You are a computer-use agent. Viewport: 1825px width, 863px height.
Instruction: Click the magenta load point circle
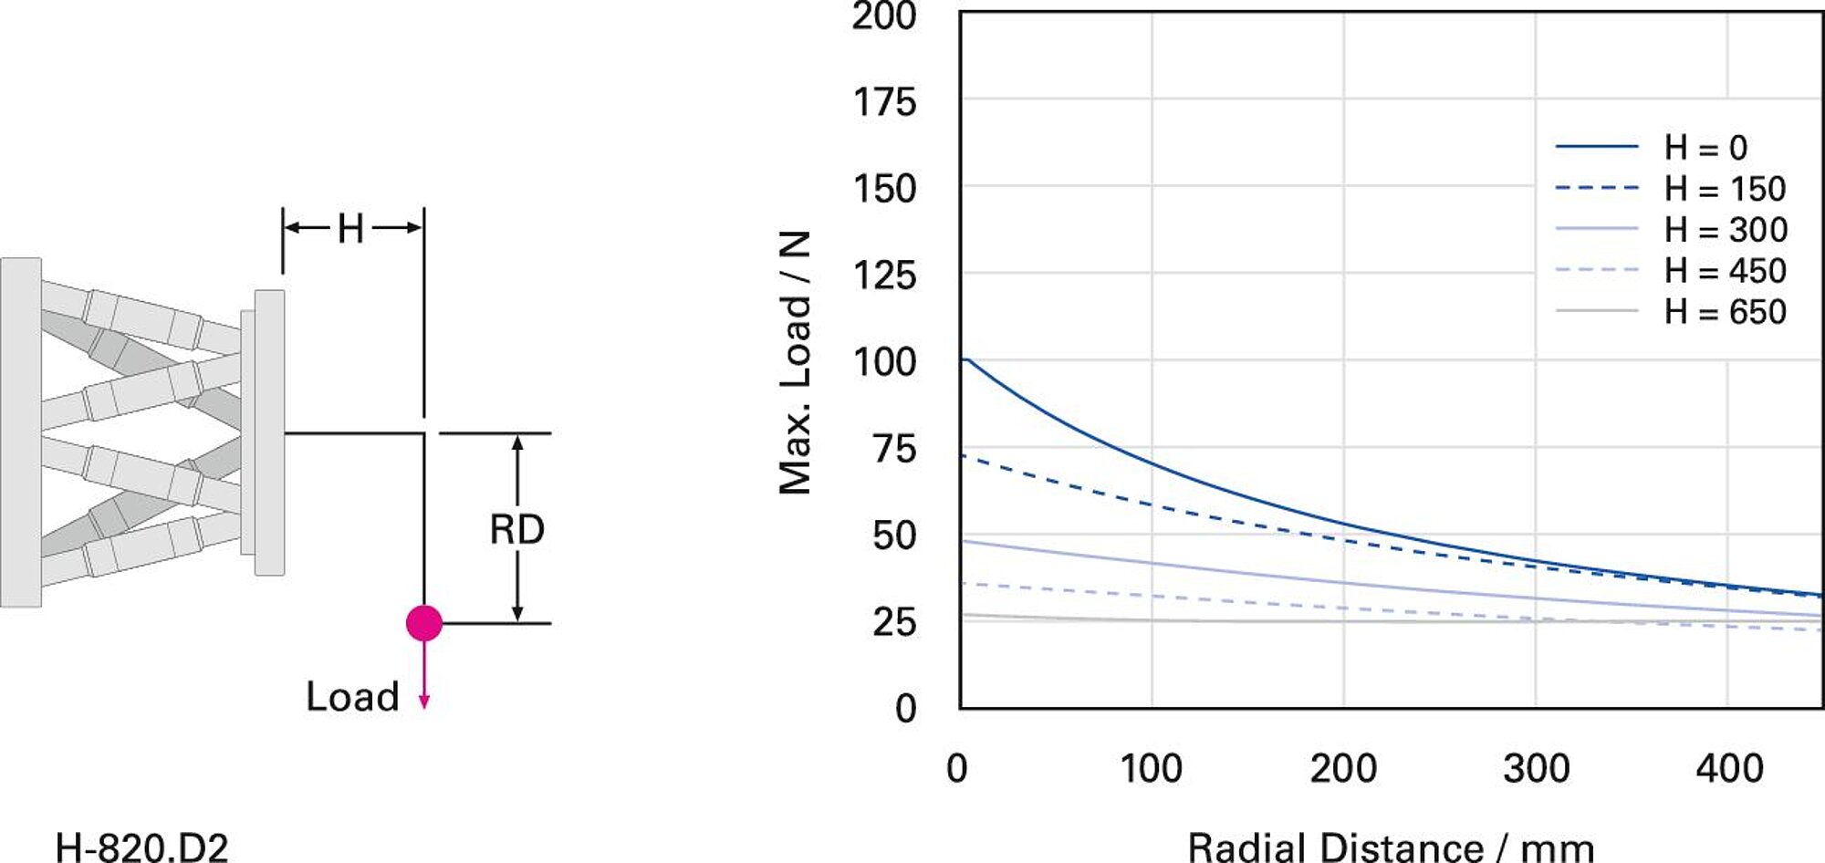pos(424,623)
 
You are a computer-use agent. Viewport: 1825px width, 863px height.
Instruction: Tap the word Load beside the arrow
pos(352,697)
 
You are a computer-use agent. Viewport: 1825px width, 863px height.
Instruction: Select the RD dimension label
pos(516,530)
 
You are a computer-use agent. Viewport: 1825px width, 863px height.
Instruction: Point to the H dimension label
pos(350,228)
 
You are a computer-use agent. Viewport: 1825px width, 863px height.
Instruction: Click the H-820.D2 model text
pos(141,847)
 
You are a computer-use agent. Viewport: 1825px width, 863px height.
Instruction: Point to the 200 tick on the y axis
pos(884,16)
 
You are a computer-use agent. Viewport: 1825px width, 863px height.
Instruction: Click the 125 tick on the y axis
pos(884,276)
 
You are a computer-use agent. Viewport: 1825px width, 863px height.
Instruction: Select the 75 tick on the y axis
pos(893,449)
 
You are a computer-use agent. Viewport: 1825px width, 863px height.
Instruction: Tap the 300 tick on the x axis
pos(1537,769)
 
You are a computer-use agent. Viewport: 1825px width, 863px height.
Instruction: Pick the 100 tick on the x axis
pos(1151,769)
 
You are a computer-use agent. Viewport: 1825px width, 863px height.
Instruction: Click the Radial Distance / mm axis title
pos(1390,847)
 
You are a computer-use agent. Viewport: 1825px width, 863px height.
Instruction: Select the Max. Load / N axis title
pos(795,362)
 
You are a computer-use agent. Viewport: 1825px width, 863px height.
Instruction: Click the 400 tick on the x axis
pos(1729,769)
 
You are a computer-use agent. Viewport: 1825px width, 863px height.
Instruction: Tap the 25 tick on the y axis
pos(893,622)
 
